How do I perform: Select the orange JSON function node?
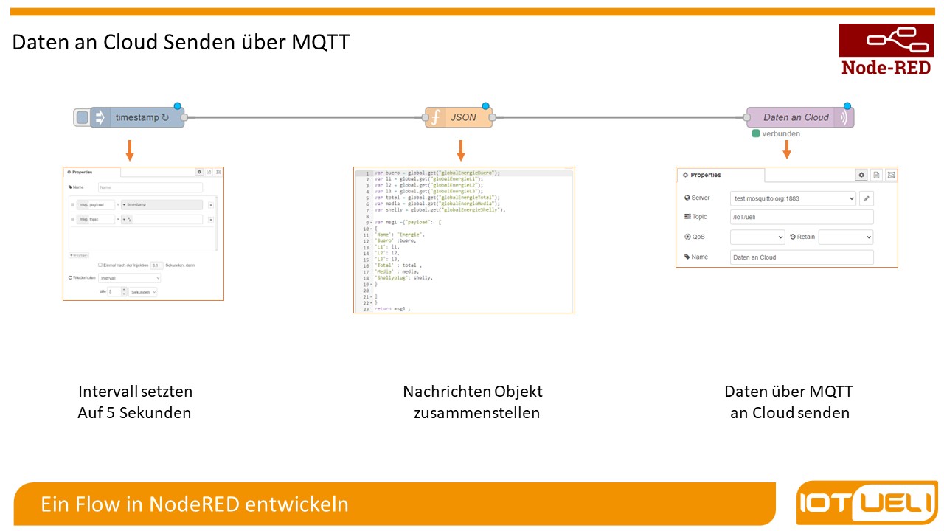point(459,117)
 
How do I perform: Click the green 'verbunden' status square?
point(755,133)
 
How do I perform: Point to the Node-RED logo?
point(886,49)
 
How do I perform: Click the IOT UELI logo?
point(867,504)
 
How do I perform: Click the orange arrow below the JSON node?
point(461,150)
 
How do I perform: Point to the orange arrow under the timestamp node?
point(130,150)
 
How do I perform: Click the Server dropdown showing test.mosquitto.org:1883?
point(793,198)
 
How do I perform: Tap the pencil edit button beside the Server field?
point(867,198)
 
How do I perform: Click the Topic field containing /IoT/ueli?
point(801,217)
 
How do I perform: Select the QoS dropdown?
point(757,237)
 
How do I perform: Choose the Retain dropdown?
point(845,237)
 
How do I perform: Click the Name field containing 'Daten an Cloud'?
point(801,257)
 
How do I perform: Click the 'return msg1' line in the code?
point(391,309)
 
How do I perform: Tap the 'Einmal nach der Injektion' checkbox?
point(100,265)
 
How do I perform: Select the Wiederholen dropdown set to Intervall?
point(129,278)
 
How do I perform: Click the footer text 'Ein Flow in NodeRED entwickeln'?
point(195,504)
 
